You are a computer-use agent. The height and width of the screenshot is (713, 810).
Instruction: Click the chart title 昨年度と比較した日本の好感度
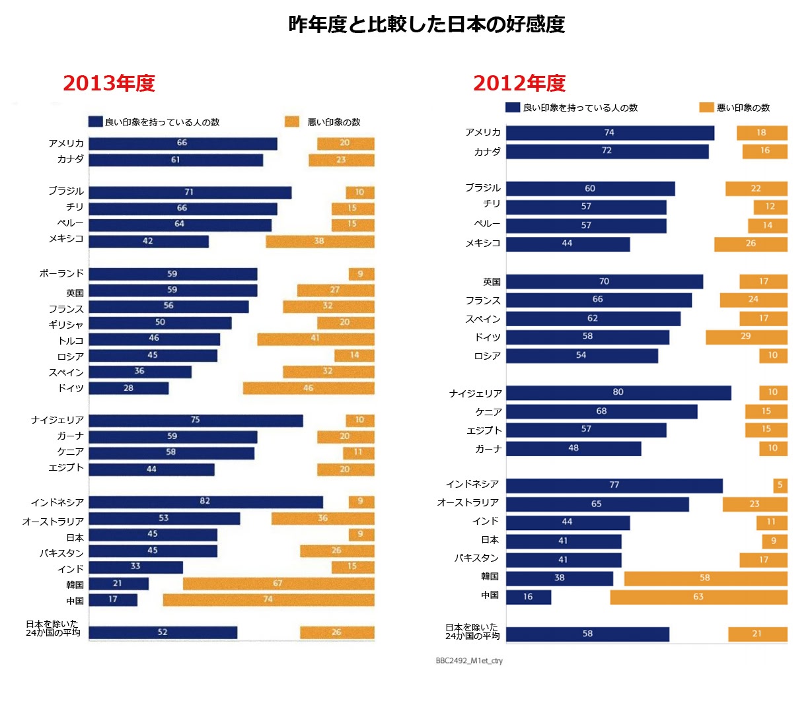[x=426, y=24]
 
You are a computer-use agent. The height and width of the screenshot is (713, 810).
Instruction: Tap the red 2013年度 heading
[x=109, y=83]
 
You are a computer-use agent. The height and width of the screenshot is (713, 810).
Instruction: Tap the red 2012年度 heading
[x=519, y=83]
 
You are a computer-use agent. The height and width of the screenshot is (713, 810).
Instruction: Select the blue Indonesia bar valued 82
[x=205, y=502]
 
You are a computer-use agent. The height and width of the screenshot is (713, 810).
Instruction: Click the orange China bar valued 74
[x=268, y=599]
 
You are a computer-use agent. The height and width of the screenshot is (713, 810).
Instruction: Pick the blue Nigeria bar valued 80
[x=618, y=393]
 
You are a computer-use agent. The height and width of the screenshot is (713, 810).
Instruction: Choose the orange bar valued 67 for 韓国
[x=278, y=584]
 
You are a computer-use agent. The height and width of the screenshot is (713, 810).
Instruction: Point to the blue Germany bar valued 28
[x=129, y=388]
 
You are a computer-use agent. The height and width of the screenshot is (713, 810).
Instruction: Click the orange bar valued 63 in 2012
[x=698, y=597]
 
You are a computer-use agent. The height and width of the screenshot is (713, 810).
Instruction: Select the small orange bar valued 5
[x=780, y=485]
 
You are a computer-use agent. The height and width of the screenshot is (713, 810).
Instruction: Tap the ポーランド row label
[x=61, y=273]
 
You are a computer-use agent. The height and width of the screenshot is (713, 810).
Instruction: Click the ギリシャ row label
[x=66, y=324]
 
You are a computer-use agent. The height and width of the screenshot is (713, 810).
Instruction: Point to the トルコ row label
[x=71, y=341]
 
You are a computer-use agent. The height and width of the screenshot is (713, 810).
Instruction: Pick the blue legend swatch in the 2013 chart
[x=96, y=121]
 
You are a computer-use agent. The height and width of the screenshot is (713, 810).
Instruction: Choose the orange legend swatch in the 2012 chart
[x=706, y=108]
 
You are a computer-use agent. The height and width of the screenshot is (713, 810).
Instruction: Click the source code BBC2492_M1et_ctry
[x=469, y=660]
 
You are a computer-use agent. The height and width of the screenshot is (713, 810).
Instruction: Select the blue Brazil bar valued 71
[x=190, y=192]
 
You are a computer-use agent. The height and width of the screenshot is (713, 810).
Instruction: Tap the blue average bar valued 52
[x=163, y=632]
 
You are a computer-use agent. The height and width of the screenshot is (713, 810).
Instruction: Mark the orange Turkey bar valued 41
[x=316, y=339]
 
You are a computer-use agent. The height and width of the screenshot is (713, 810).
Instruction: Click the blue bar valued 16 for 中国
[x=529, y=597]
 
